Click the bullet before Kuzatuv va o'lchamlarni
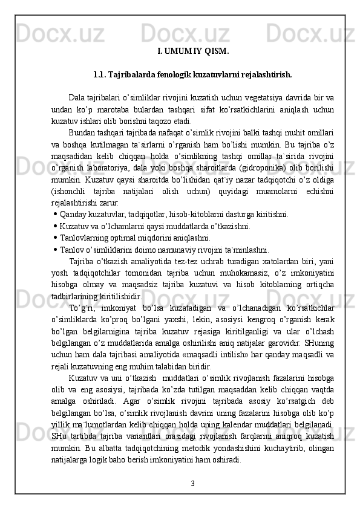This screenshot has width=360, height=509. click(56, 226)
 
